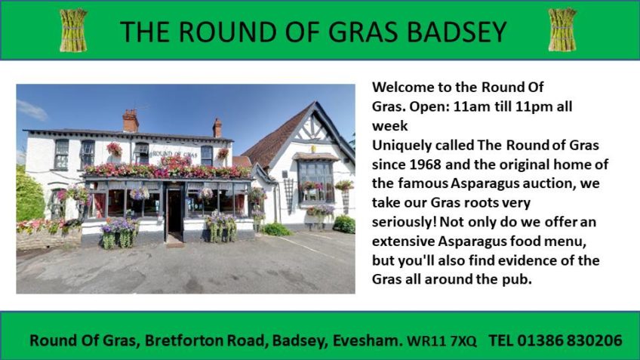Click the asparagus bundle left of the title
pyautogui.click(x=73, y=30)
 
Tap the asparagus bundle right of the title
pyautogui.click(x=562, y=29)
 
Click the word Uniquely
pyautogui.click(x=402, y=146)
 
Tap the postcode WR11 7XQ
pyautogui.click(x=442, y=341)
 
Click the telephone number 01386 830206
pyautogui.click(x=570, y=340)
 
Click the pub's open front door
pyautogui.click(x=174, y=211)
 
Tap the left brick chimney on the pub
pyautogui.click(x=131, y=121)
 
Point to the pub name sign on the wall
pyautogui.click(x=174, y=154)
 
